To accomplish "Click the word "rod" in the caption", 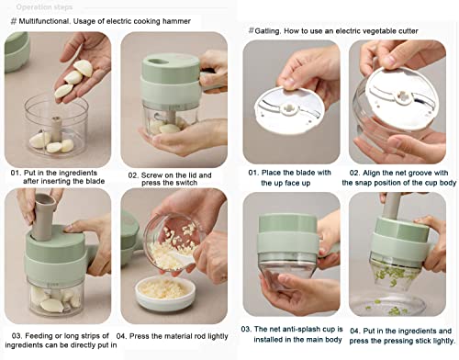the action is point(200,336).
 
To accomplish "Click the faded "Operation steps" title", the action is point(44,7).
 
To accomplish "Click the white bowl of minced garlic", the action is point(165,293).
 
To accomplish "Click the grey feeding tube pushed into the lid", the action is point(44,216).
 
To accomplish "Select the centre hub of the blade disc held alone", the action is point(289,108).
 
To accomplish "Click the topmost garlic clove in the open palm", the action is point(83,68).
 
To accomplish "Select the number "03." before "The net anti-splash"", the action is point(246,329).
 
